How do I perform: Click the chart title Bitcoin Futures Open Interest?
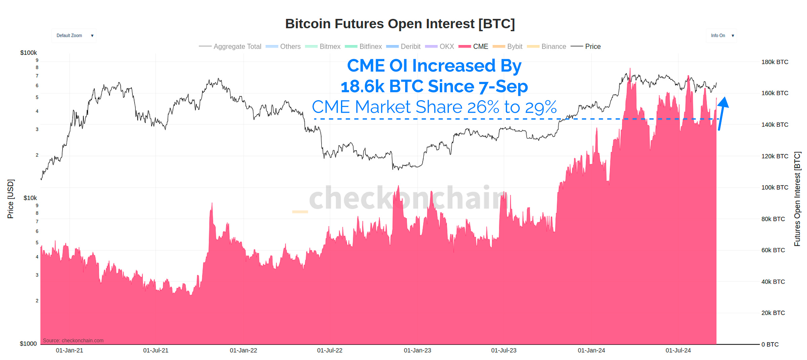(400, 24)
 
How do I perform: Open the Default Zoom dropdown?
(74, 36)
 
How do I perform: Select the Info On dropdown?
(721, 36)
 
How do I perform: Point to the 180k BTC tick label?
(774, 62)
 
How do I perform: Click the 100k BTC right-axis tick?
(774, 187)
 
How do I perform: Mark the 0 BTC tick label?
(770, 344)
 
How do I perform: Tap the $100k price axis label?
(29, 53)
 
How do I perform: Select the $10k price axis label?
(30, 198)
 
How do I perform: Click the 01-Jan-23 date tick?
(417, 350)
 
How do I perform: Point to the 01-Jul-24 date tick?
(678, 350)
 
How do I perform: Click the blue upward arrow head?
(724, 102)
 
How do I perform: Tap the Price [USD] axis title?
(10, 199)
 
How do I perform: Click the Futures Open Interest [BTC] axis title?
(797, 199)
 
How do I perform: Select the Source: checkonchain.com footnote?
(73, 341)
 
